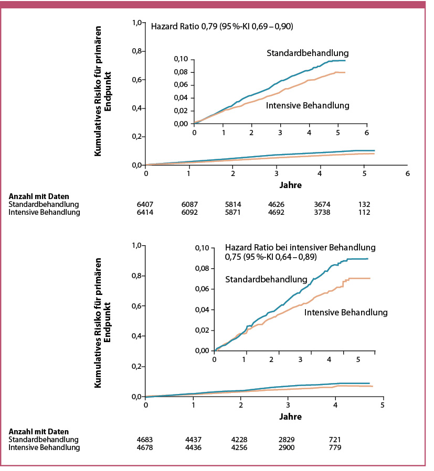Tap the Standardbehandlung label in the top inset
[x=308, y=53]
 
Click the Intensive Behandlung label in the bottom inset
[x=345, y=312]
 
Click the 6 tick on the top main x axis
[x=407, y=173]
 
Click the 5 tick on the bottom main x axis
[x=383, y=406]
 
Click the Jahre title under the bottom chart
[x=264, y=417]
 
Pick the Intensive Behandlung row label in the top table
[x=45, y=212]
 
